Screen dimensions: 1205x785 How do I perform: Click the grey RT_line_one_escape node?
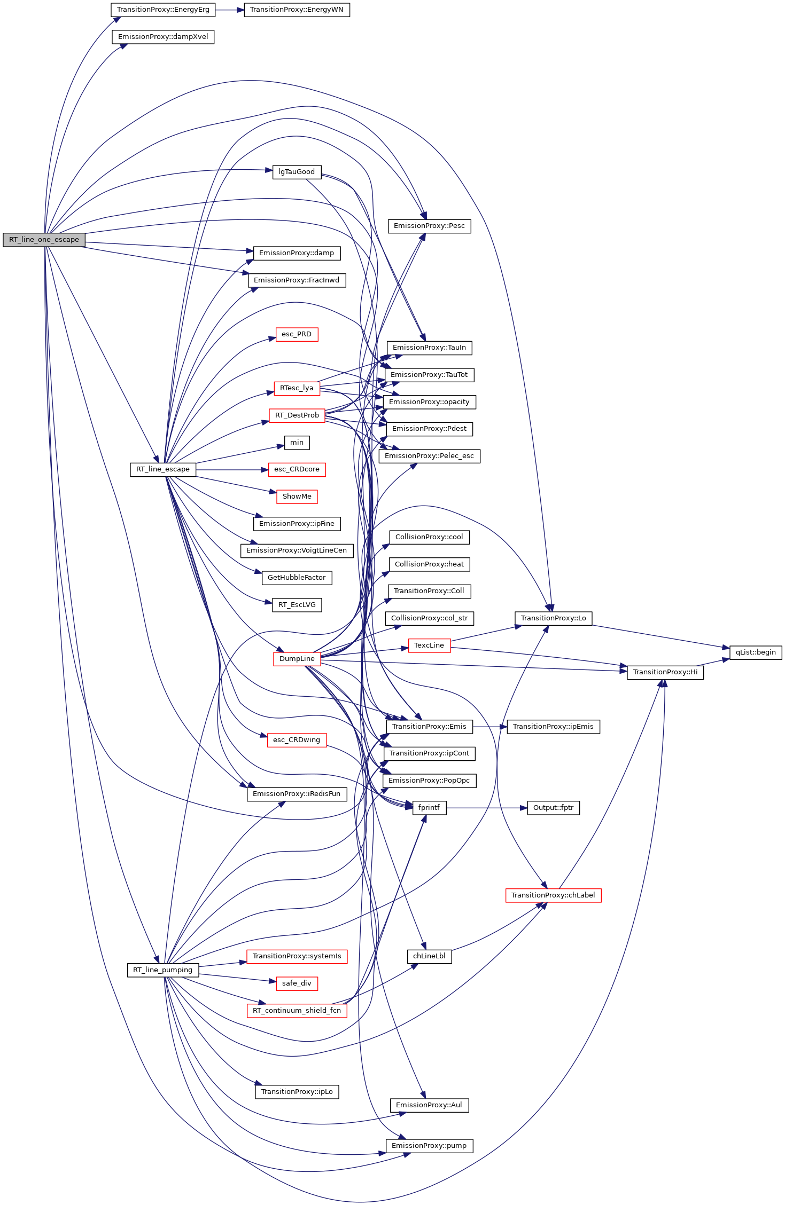pos(44,240)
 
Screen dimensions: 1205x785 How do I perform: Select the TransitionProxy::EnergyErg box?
pos(163,10)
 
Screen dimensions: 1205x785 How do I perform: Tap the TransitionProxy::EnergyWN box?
pos(297,10)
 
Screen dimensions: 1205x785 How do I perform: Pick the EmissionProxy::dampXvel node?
pos(163,37)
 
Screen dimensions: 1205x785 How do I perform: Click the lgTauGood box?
pos(297,172)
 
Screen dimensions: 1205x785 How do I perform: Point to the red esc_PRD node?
pos(297,334)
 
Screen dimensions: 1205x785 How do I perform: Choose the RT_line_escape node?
pos(163,469)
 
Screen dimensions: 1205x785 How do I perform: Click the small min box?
pos(297,443)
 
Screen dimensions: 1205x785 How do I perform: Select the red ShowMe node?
pos(297,497)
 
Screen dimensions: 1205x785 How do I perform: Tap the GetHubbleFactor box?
pos(297,578)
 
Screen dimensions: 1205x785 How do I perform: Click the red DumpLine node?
pos(297,659)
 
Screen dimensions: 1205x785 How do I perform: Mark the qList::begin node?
pos(756,652)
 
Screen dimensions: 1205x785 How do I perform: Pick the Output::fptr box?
pos(553,808)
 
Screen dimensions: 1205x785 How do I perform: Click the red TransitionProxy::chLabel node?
pos(553,895)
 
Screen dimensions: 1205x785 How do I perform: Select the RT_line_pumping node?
pos(163,970)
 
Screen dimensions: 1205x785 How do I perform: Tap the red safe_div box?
pos(297,983)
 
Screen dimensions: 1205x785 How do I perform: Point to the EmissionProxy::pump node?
pos(429,1146)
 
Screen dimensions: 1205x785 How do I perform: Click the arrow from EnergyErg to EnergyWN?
pos(230,10)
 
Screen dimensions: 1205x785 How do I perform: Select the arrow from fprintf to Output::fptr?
pos(486,808)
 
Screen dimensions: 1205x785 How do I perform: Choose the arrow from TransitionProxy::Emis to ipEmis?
pos(489,727)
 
